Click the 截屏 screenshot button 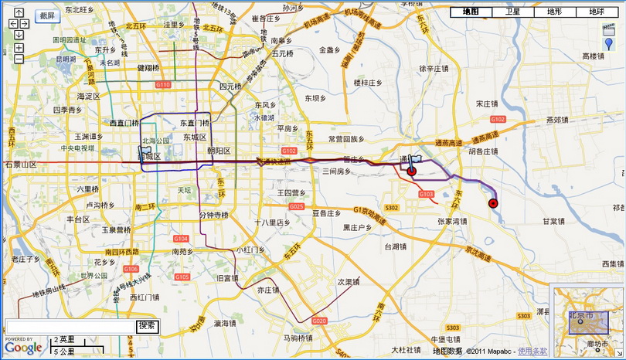click(47, 15)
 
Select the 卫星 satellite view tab click(512, 12)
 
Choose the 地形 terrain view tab click(554, 12)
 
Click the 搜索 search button click(147, 326)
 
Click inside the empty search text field click(70, 327)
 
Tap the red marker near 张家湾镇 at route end click(493, 203)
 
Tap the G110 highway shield click(162, 85)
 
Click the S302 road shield click(391, 207)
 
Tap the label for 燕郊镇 click(556, 120)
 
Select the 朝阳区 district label click(218, 151)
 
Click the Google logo click(23, 348)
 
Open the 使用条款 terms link click(532, 352)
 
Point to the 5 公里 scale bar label click(64, 352)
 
